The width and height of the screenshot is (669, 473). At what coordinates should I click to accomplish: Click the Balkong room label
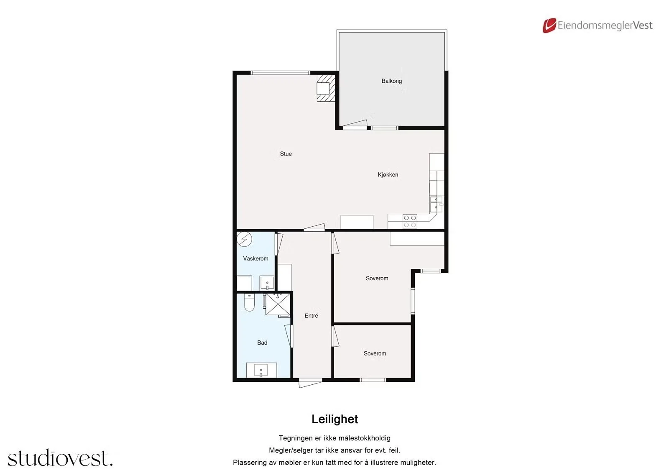click(391, 81)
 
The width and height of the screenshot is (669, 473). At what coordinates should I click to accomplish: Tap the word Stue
click(286, 154)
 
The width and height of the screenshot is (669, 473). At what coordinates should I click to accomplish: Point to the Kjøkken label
click(388, 175)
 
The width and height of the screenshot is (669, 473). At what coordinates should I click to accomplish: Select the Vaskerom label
click(255, 258)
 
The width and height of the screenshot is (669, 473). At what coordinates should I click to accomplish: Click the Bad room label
click(262, 343)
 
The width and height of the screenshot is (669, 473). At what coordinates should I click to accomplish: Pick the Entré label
click(311, 315)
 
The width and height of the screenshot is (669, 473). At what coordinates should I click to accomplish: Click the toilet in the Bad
click(249, 302)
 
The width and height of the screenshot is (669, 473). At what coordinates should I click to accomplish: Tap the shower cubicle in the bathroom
click(278, 304)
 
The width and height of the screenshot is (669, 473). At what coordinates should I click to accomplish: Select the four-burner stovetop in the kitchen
click(410, 221)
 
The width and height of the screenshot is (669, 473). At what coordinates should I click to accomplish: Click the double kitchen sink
click(436, 204)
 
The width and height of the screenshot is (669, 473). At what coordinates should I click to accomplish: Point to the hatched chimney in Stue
click(326, 88)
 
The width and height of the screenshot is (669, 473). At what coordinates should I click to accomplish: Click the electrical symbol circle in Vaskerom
click(244, 239)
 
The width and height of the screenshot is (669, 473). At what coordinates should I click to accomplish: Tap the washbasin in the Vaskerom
click(267, 283)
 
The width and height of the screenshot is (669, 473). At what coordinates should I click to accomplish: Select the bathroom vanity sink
click(261, 370)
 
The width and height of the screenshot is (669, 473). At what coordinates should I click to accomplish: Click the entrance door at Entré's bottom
click(311, 383)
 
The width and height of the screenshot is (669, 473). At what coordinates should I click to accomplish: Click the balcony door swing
click(355, 124)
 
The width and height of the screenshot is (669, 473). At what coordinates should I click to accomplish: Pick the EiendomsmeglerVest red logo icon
click(549, 26)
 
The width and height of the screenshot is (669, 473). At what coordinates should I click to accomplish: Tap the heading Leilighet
click(334, 419)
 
